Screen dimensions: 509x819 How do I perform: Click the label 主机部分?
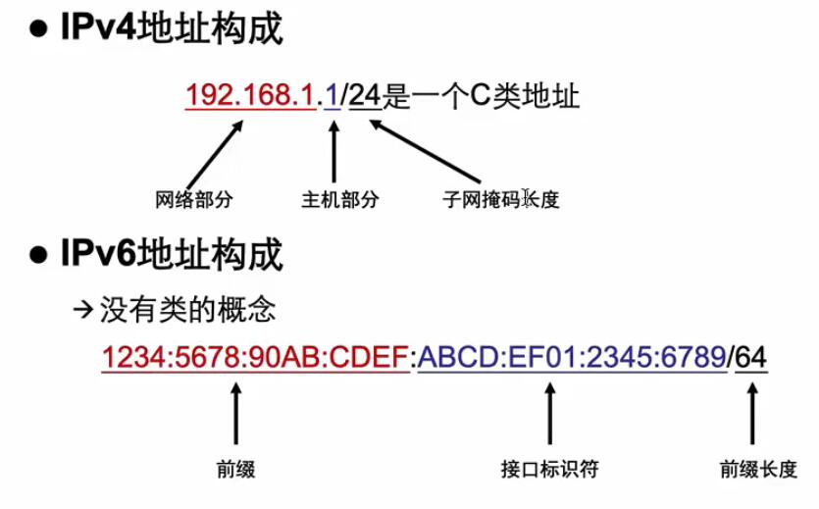[x=339, y=200]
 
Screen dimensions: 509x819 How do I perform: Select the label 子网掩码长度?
[x=500, y=200]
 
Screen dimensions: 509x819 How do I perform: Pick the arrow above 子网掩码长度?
[x=422, y=147]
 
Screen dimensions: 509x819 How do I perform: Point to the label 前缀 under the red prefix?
[x=235, y=469]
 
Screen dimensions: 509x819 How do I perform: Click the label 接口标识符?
[x=548, y=469]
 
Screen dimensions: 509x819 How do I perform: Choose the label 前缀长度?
[x=758, y=469]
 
